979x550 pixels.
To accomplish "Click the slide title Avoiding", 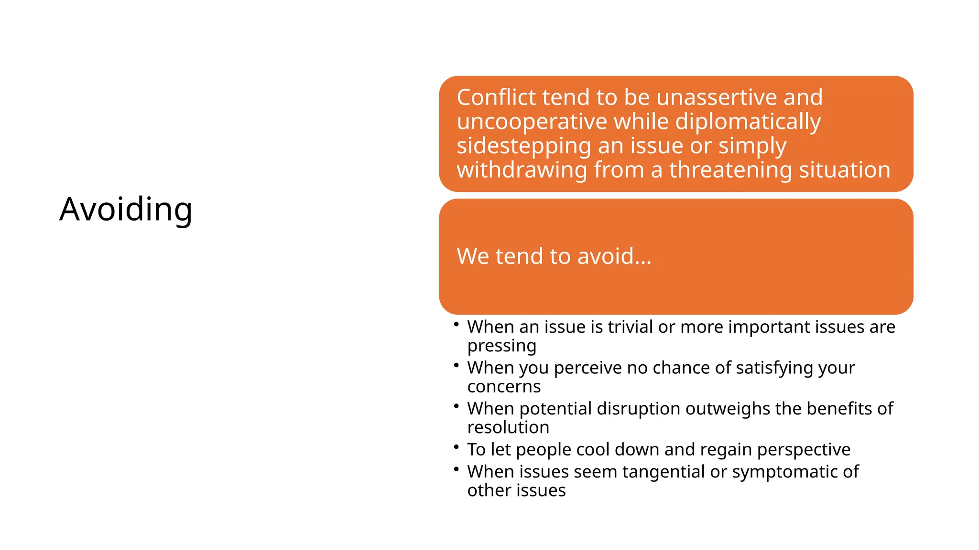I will (x=126, y=209).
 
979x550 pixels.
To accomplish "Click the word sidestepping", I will (x=523, y=146).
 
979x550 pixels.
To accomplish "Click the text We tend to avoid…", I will (x=554, y=256).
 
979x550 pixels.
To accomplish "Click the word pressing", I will (x=501, y=346).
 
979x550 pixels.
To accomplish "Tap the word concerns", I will (x=504, y=386).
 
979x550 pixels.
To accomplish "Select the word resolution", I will (x=508, y=427).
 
